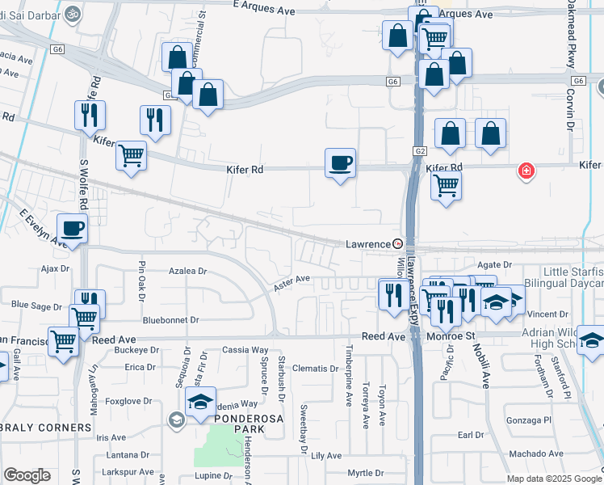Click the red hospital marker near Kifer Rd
[x=526, y=171]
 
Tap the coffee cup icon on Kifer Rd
[x=340, y=163]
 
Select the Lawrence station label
[x=368, y=243]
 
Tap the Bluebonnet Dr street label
[x=170, y=320]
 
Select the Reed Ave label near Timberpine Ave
[x=383, y=335]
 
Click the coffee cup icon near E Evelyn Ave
[x=72, y=229]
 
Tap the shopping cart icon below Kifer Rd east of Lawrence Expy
[x=446, y=185]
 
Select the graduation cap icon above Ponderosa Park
[x=199, y=402]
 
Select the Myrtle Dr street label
[x=365, y=473]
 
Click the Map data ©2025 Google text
[x=553, y=479]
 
